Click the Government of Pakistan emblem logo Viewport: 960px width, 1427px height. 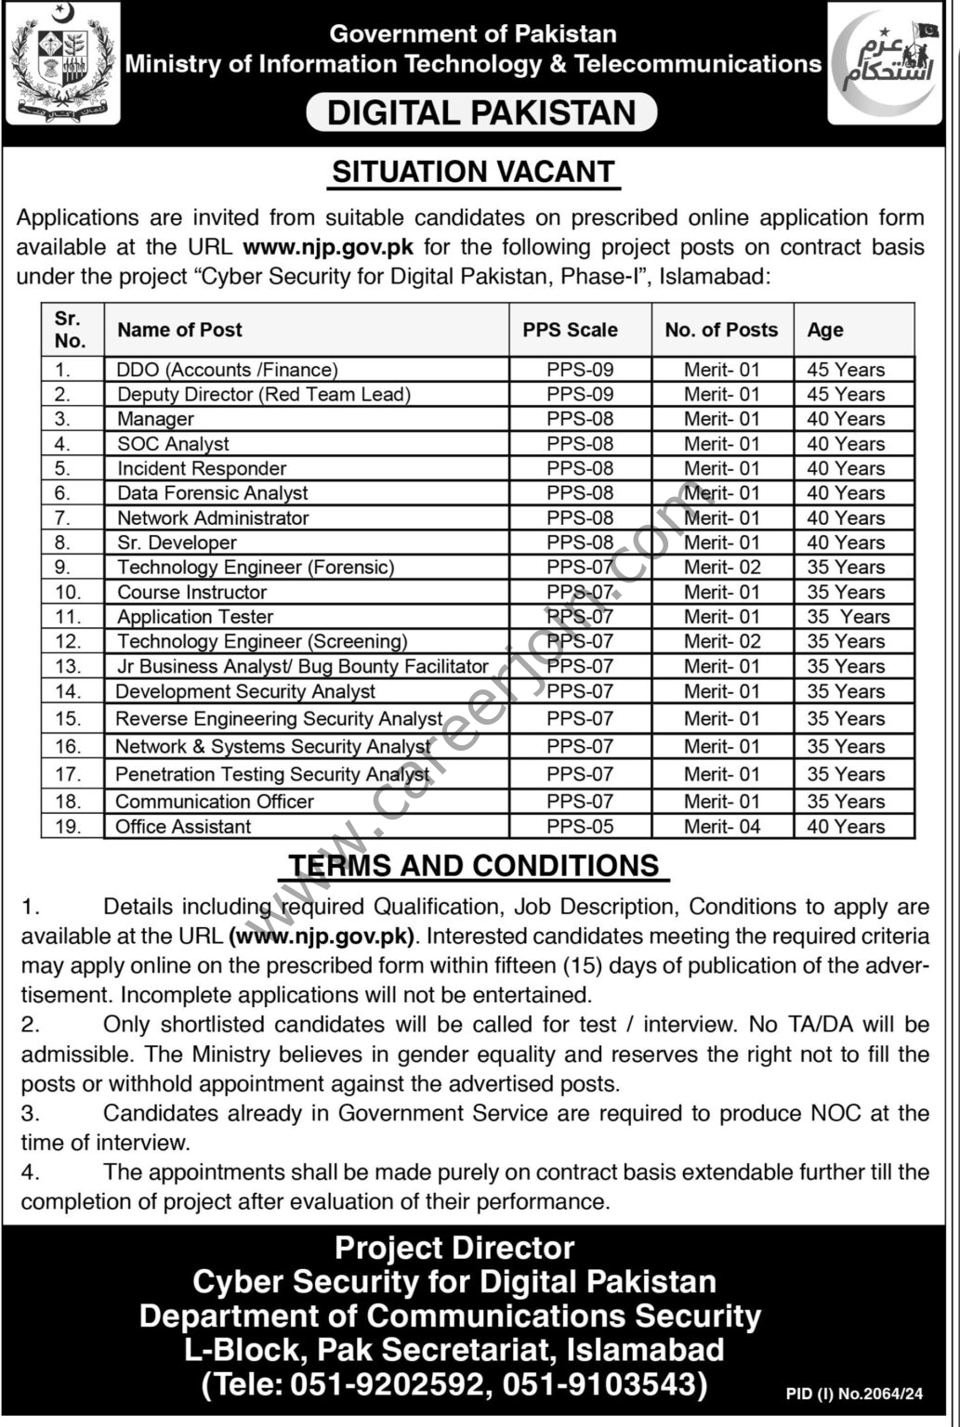click(x=63, y=63)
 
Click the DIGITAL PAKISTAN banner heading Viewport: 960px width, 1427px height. click(x=481, y=113)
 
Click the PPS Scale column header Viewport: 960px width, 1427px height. click(x=570, y=330)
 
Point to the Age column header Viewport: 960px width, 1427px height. click(x=825, y=330)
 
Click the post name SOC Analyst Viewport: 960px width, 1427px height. click(x=173, y=444)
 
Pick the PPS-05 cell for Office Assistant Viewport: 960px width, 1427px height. click(x=580, y=826)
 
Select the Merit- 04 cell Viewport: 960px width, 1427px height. click(x=722, y=826)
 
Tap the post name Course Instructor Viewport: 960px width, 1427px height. click(x=191, y=592)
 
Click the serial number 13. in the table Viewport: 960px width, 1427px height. click(x=68, y=666)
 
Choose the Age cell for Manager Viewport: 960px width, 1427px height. click(x=846, y=419)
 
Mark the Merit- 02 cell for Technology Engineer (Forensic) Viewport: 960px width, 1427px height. click(x=722, y=568)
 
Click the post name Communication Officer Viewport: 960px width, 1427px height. click(x=214, y=801)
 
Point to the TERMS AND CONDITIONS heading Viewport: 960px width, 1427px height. click(x=473, y=866)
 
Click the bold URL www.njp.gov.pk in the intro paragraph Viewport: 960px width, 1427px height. click(x=327, y=247)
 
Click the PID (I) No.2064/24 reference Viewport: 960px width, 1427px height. click(x=854, y=1394)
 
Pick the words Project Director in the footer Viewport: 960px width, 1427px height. click(x=454, y=1248)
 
